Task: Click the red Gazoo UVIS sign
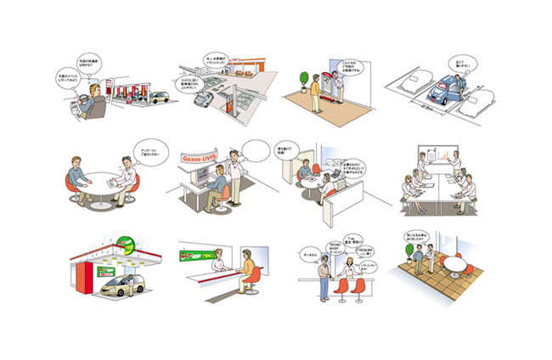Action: (x=200, y=157)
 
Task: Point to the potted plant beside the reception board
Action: (x=301, y=83)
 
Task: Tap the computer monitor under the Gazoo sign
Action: (x=201, y=177)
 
